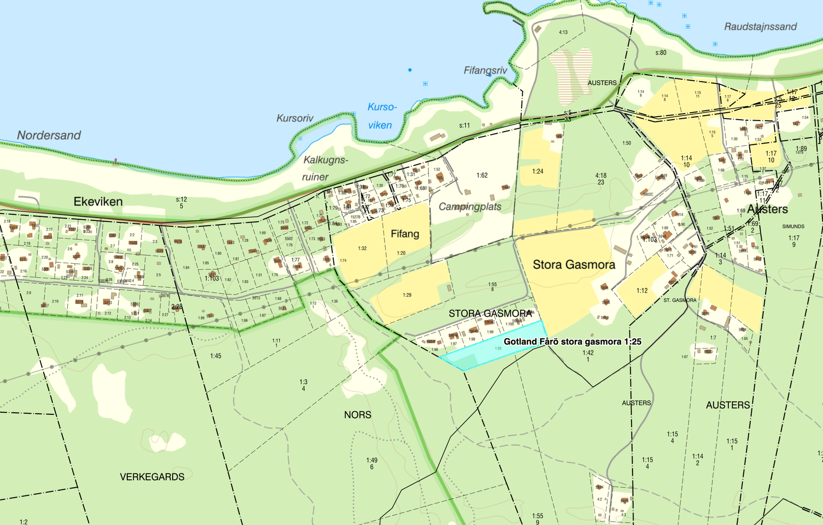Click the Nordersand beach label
[x=49, y=135]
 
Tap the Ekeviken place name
[x=98, y=201]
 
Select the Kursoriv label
[x=295, y=118]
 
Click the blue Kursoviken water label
[x=382, y=116]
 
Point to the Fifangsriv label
[x=485, y=70]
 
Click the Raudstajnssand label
[x=760, y=26]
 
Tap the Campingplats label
[x=470, y=206]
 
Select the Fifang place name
[x=405, y=234]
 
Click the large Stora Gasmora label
[x=574, y=265]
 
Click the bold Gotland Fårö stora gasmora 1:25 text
[x=572, y=342]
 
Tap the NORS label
[x=357, y=415]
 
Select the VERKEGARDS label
[x=152, y=477]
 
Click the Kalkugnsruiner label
[x=325, y=168]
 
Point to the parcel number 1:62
[x=482, y=175]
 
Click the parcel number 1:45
[x=215, y=356]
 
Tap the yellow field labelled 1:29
[x=407, y=295]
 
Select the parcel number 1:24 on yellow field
[x=537, y=171]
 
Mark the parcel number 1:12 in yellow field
[x=642, y=291]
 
